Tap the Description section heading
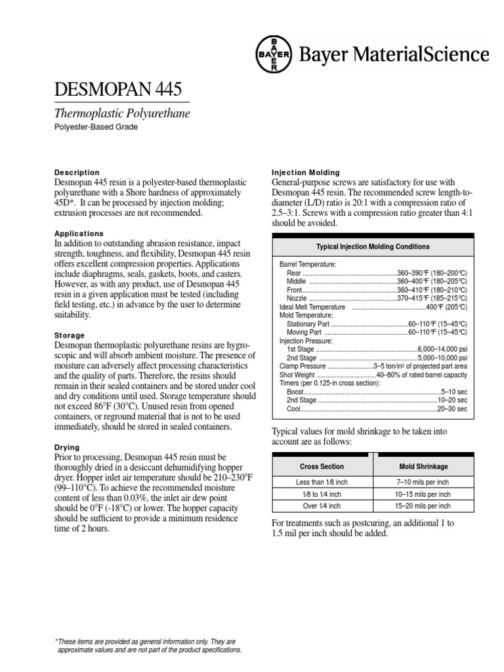click(77, 173)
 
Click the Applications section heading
click(79, 233)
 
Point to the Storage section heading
click(69, 335)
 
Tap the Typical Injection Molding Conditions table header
click(373, 247)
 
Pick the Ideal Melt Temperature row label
click(312, 306)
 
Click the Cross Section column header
click(322, 466)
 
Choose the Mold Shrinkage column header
click(423, 466)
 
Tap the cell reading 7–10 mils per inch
click(423, 482)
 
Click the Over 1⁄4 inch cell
click(322, 506)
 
